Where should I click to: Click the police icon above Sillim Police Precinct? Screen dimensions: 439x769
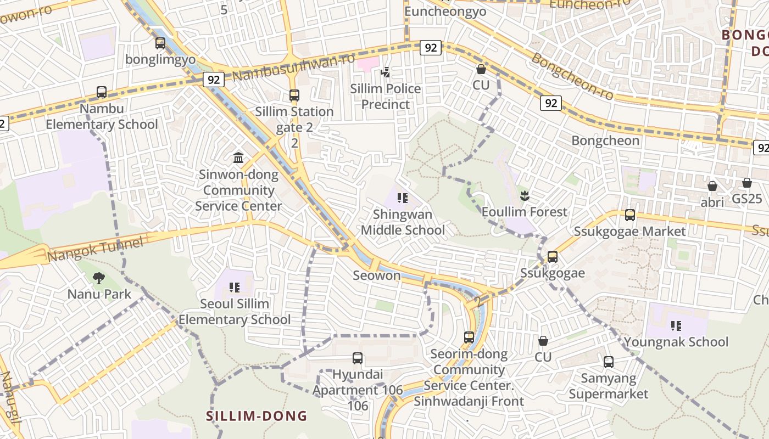click(385, 72)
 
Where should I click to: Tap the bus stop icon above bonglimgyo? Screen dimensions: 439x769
click(160, 43)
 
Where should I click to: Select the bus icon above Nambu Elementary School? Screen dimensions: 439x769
click(102, 92)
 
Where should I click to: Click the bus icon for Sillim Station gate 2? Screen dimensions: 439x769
click(294, 95)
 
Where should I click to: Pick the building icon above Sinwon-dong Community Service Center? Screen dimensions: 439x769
click(238, 158)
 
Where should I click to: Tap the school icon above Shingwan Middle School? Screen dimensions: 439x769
click(403, 198)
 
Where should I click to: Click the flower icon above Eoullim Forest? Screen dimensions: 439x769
click(525, 195)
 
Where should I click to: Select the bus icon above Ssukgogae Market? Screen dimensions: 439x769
click(630, 215)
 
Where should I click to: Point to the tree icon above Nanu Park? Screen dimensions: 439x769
click(99, 278)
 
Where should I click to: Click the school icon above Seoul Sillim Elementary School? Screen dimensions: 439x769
click(235, 287)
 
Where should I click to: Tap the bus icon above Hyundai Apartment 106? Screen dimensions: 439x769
click(358, 358)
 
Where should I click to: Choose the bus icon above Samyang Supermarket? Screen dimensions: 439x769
click(609, 362)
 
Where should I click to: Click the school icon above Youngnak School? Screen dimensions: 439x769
click(676, 326)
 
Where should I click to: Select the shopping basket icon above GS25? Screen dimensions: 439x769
click(747, 182)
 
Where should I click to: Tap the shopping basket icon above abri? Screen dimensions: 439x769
click(712, 185)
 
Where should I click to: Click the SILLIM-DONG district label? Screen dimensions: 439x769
click(257, 416)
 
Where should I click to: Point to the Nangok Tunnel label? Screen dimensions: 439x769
click(95, 249)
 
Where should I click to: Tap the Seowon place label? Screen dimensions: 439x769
click(377, 275)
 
